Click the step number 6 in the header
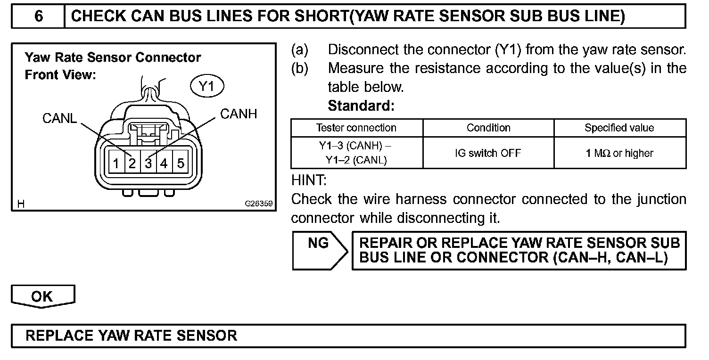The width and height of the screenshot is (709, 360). coord(39,16)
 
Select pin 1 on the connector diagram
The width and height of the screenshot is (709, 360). coord(116,164)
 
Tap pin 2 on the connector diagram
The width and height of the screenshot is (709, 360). coord(132,164)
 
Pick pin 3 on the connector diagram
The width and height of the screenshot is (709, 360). coord(148,164)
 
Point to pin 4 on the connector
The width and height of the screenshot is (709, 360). coord(164,164)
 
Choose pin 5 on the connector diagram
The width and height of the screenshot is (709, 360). coord(181,164)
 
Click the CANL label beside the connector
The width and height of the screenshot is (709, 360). coord(59,118)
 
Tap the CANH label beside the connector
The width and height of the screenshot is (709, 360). coord(239,114)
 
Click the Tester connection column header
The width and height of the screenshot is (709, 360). coord(356,128)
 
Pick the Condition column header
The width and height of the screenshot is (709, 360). coord(488,128)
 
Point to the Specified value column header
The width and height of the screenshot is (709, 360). coord(619,128)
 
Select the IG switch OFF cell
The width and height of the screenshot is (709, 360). coord(488,153)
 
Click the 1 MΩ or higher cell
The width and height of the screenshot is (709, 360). coord(619,153)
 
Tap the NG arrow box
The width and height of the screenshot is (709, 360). coord(319,250)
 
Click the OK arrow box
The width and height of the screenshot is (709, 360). coord(42,296)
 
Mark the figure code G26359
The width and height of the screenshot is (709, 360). coord(258,204)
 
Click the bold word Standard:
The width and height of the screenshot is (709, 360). coord(361,106)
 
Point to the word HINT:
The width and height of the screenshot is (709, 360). coord(309,180)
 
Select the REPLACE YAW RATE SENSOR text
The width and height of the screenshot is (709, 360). coord(132,335)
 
